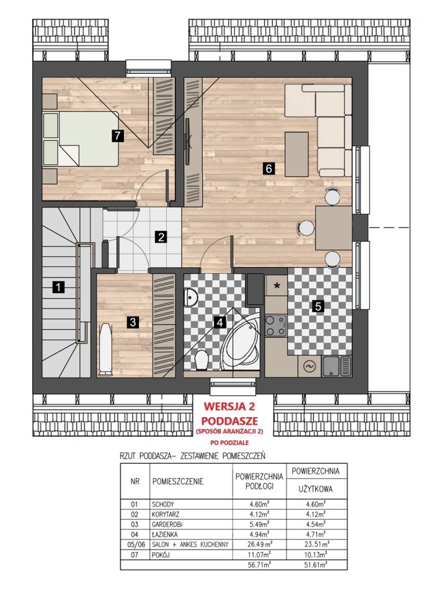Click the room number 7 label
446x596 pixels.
pyautogui.click(x=118, y=136)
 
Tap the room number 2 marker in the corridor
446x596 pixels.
pyautogui.click(x=161, y=237)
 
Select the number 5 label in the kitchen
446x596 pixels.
pyautogui.click(x=318, y=305)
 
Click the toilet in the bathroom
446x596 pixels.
pyautogui.click(x=201, y=359)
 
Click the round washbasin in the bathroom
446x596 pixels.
pyautogui.click(x=190, y=297)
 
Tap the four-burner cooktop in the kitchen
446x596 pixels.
pyautogui.click(x=276, y=326)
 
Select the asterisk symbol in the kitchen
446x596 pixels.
pyautogui.click(x=277, y=285)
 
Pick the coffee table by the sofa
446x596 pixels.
pyautogui.click(x=297, y=154)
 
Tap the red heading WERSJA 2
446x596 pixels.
pyautogui.click(x=229, y=406)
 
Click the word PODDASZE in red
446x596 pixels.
pyautogui.click(x=230, y=421)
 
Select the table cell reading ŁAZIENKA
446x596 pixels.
pyautogui.click(x=164, y=534)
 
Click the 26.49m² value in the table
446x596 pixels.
pyautogui.click(x=261, y=544)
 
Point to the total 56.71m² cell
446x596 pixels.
pyautogui.click(x=261, y=565)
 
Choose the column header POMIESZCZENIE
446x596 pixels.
pyautogui.click(x=178, y=481)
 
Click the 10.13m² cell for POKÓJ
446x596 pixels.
pyautogui.click(x=316, y=554)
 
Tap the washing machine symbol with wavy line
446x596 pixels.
pyautogui.click(x=308, y=366)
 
